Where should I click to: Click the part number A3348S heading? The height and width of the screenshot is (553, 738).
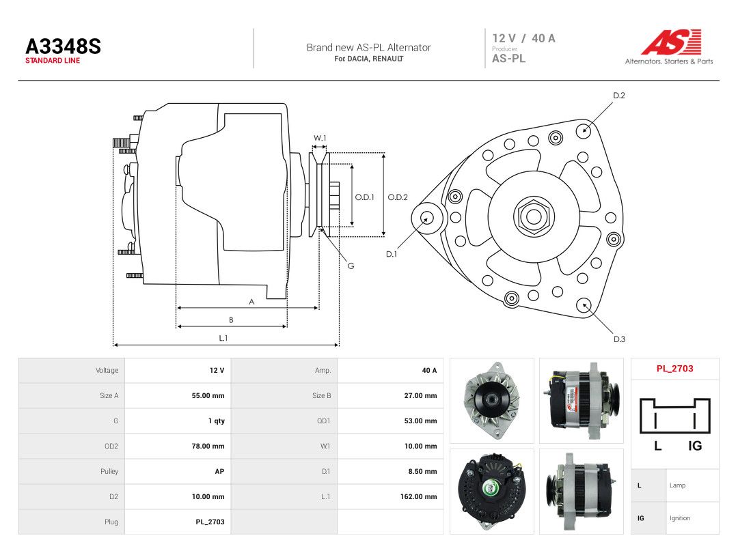pos(63,46)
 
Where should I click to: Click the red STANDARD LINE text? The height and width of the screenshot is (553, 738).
pos(53,61)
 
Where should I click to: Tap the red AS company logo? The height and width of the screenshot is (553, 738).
pos(671,42)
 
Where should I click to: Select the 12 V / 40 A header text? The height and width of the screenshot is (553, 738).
pos(524,38)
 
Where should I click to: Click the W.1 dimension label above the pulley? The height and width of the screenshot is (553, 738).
pos(320,138)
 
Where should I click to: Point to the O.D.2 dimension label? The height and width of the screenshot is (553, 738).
pos(398,197)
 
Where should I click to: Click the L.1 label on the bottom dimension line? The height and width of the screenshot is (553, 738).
pos(223,338)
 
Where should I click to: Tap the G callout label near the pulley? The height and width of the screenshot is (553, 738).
pos(351,266)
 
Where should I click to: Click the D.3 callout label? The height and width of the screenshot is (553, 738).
pos(619,339)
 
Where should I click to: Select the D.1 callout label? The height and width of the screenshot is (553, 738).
pos(392,254)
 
